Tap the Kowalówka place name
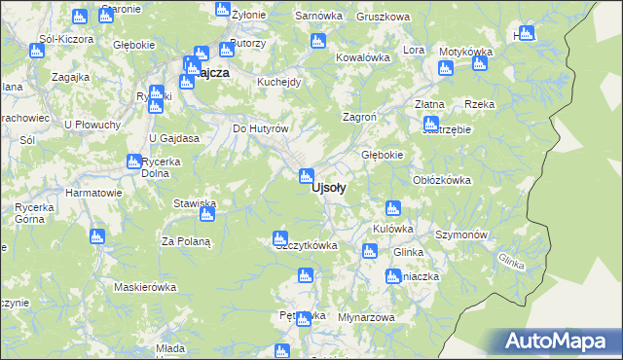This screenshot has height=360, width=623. click(362, 57)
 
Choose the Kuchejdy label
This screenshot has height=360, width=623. click(279, 82)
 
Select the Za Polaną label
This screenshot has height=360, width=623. click(186, 240)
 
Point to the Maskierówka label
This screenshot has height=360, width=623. click(144, 287)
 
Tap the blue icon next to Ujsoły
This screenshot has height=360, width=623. click(307, 176)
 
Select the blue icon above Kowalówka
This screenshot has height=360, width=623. click(317, 41)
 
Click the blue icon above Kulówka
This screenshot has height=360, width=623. click(393, 207)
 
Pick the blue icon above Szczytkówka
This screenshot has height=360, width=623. click(280, 237)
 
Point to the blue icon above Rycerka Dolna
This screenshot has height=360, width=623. click(134, 162)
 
